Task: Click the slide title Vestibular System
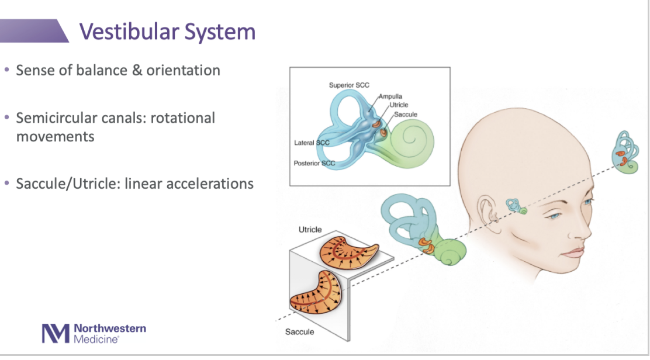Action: tap(167, 31)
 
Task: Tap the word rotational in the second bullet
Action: tap(183, 118)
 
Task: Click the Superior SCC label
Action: tap(349, 85)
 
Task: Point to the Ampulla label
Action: tap(390, 96)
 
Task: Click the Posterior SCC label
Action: tap(314, 163)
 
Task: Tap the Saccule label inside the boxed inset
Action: tap(406, 115)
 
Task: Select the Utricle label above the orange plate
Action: tap(310, 230)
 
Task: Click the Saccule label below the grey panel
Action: tap(299, 332)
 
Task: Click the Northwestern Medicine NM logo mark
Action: tap(55, 333)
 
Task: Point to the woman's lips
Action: tap(574, 252)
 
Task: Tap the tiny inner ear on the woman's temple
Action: tap(517, 206)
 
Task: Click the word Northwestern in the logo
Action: tap(110, 328)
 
